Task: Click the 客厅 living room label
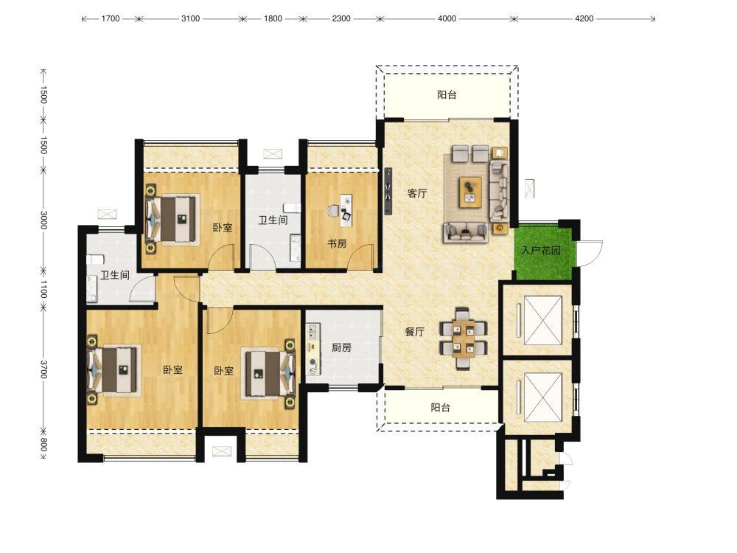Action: (417, 192)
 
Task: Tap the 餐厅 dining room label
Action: (414, 332)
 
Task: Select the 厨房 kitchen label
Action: (341, 347)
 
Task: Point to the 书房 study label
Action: (337, 243)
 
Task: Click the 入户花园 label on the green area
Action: (541, 250)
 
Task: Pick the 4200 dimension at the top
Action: (584, 18)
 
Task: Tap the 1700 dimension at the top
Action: (111, 18)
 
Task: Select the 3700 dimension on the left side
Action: (43, 369)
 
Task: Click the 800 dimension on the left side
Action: (43, 445)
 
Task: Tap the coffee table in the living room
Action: (470, 192)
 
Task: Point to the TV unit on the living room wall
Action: (388, 192)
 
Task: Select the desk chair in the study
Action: (333, 212)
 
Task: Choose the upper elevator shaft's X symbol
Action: (543, 320)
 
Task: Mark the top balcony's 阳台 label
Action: (447, 95)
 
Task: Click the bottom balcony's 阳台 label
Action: (441, 407)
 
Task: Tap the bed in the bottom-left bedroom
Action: (115, 369)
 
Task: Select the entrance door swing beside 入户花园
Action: (590, 253)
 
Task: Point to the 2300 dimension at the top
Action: (340, 18)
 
